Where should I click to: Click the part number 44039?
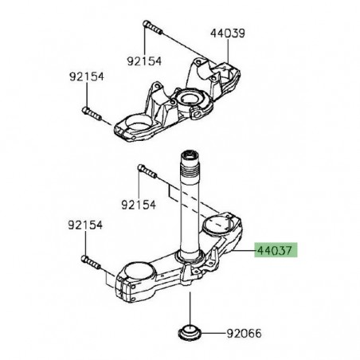(x=228, y=34)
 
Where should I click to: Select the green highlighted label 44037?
(x=275, y=249)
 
